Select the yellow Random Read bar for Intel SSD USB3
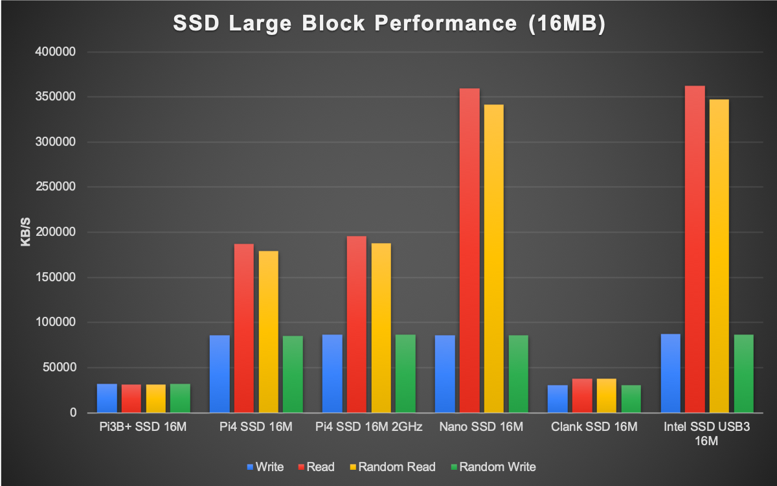coord(719,256)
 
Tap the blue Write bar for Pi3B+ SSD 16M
coord(107,398)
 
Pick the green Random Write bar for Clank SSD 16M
coord(631,399)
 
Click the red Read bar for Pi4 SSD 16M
coord(244,328)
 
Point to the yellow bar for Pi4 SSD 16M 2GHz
coord(381,328)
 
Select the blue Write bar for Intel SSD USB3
coord(670,373)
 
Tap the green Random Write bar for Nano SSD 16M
coord(518,374)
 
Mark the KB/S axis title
coord(26,232)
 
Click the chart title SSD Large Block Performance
coord(388,23)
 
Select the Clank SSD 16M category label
coord(594,427)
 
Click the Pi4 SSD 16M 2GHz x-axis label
coord(369,427)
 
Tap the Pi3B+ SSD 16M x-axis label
coord(143,427)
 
